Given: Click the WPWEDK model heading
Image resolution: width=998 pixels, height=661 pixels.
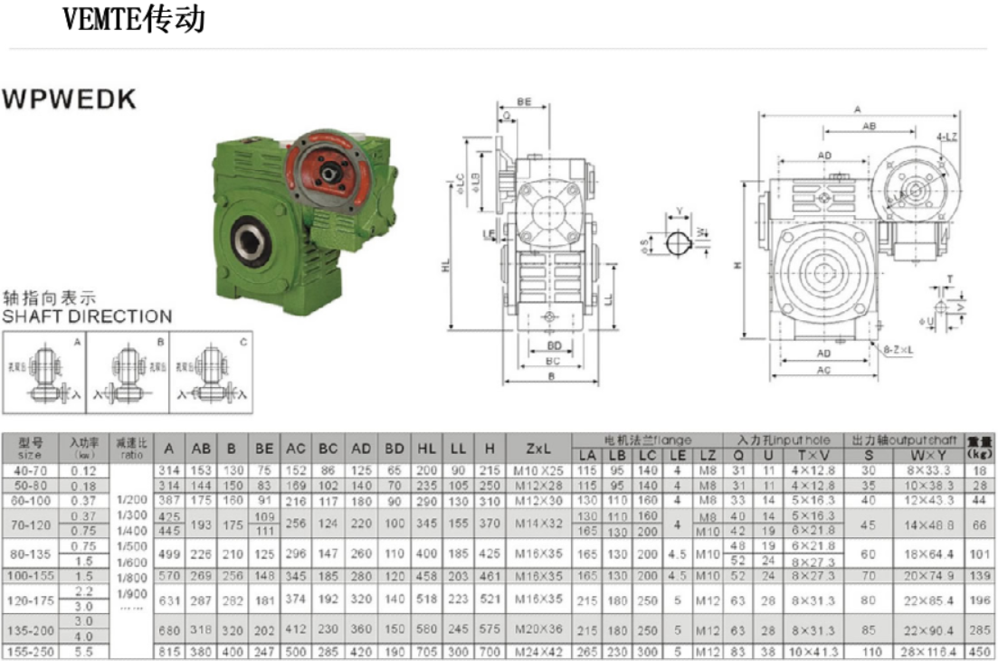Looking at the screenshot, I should pos(70,99).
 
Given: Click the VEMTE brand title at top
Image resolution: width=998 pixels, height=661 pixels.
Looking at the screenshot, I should pos(134,19).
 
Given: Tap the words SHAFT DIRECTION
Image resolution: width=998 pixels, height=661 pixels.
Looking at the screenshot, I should pos(87,316).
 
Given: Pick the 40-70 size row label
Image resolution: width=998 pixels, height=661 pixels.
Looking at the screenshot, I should pos(30,470).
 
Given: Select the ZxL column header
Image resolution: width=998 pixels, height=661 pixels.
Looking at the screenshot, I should pos(539,448).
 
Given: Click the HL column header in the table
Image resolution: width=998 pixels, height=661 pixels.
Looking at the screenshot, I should pos(426,448).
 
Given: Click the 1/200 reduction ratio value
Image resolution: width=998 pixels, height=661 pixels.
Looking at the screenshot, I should pos(130,499).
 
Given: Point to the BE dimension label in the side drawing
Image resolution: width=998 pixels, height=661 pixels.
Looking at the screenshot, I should pos(524,101).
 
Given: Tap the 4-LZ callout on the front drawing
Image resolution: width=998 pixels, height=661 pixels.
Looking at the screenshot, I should pos(948,137).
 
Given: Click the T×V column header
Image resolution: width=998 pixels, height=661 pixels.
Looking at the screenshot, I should pos(812,456).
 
